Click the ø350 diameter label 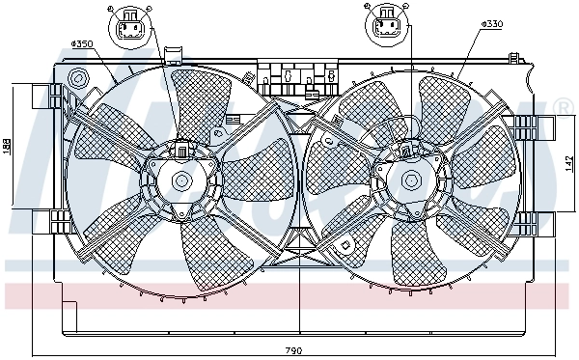coord(83,44)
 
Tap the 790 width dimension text coord(293,349)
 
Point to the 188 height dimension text coord(7,146)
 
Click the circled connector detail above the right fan coord(388,25)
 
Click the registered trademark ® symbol coord(565,104)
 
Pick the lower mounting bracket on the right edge coord(528,220)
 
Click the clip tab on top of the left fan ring coord(174,55)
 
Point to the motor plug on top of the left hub coord(180,150)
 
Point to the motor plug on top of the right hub coord(409,150)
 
